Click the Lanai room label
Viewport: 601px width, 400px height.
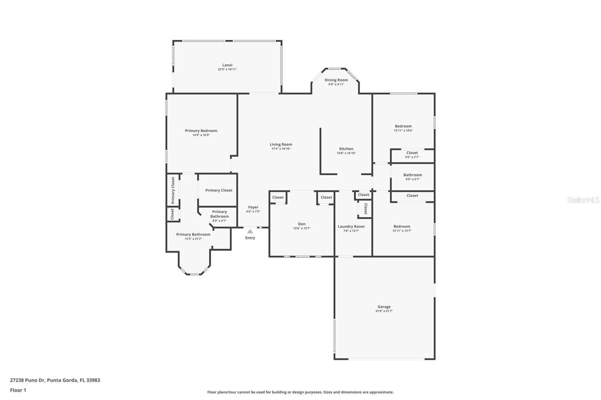click(227, 65)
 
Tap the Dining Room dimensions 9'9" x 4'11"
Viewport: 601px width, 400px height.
click(336, 84)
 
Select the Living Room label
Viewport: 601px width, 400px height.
click(281, 144)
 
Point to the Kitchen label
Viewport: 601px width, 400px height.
click(346, 149)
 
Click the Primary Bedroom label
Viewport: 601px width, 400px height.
click(201, 131)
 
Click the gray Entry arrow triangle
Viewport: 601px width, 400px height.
click(250, 232)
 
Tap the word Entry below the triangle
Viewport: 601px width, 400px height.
click(250, 238)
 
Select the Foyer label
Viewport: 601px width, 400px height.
click(253, 207)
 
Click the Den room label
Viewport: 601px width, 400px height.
click(302, 224)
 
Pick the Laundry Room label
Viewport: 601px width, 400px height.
click(351, 226)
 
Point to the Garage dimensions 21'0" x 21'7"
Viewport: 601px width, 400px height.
click(384, 311)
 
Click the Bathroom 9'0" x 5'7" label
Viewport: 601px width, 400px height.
click(412, 177)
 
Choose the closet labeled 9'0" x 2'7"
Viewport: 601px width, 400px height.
click(412, 155)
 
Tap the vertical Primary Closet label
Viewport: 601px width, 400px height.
click(173, 190)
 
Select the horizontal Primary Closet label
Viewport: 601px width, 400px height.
click(219, 190)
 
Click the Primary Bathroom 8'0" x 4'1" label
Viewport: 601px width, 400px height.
click(219, 216)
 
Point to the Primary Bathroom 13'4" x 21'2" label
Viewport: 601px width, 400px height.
click(193, 236)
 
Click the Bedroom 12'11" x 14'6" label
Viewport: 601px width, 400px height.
click(403, 128)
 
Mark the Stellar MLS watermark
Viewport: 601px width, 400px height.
click(583, 200)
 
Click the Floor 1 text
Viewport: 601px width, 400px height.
click(18, 390)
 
